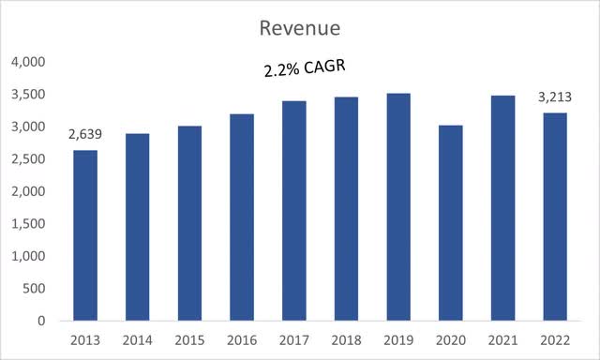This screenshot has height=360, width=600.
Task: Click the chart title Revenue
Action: point(299,28)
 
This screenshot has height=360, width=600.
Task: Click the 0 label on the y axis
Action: point(42,321)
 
